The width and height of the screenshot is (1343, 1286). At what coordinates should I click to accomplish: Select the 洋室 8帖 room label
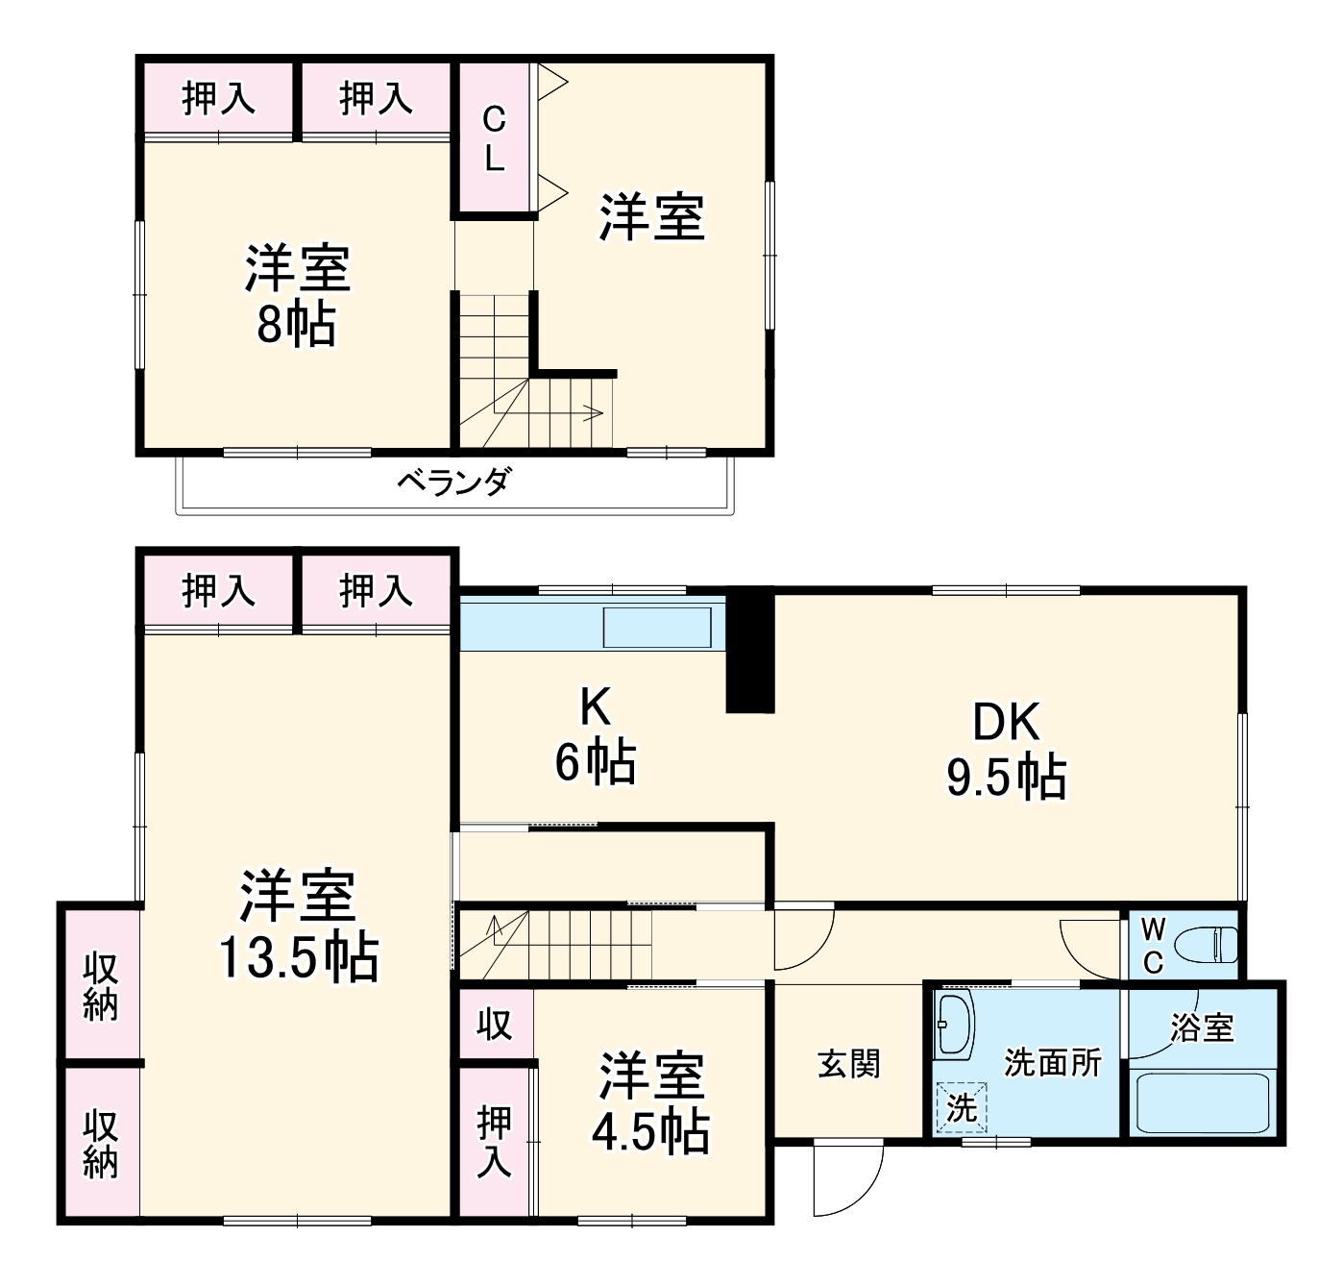[297, 295]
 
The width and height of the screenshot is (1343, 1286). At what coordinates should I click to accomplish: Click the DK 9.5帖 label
[1006, 749]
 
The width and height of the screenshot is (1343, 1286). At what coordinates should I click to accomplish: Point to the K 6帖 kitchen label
[595, 735]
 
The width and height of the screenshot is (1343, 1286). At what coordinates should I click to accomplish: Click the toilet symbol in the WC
[1210, 944]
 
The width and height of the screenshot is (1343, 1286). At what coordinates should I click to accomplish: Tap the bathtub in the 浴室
[1203, 1102]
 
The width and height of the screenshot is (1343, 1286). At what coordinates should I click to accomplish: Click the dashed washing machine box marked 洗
[961, 1107]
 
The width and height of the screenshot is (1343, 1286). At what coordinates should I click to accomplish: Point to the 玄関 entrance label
[848, 1064]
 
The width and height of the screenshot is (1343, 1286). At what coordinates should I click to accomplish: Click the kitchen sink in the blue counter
[657, 628]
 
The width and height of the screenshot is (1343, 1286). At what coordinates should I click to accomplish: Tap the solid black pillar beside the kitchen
[749, 651]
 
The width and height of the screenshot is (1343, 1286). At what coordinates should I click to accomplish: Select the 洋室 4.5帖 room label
[651, 1102]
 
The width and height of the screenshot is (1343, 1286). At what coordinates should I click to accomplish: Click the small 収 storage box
[495, 1025]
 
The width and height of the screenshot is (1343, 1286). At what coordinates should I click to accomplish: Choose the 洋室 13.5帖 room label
[298, 926]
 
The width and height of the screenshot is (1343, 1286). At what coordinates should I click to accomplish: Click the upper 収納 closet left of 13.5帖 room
[100, 985]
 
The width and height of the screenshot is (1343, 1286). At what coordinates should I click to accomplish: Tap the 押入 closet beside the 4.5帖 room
[494, 1142]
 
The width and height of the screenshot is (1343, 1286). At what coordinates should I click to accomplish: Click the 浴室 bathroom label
[1202, 1027]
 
